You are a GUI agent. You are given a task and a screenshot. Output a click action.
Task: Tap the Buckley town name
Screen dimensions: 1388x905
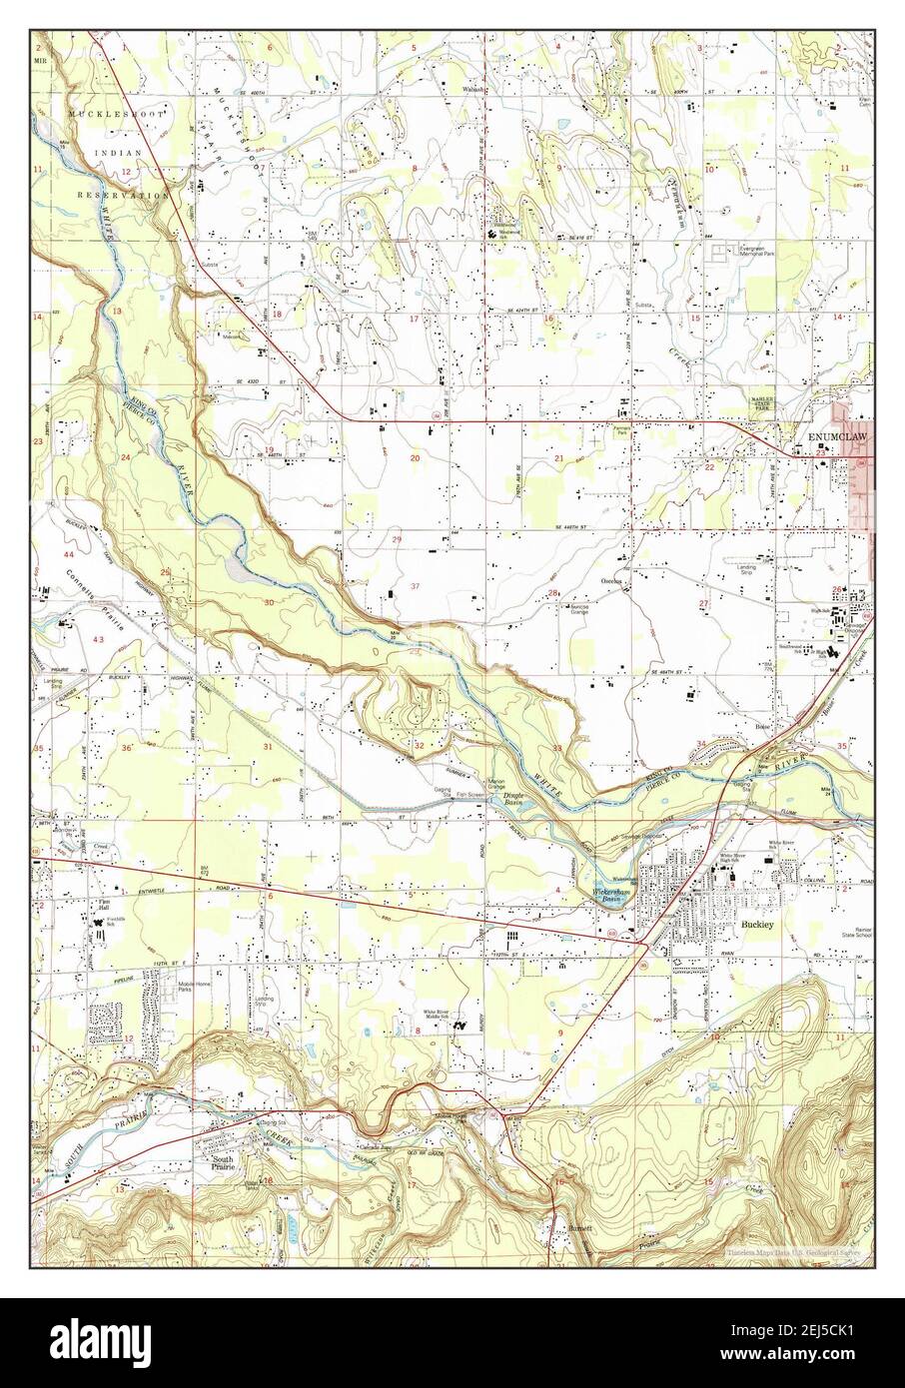[758, 926]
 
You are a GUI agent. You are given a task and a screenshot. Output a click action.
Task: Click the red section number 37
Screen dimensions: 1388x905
[415, 586]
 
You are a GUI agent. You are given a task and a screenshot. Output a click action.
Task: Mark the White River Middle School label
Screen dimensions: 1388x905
[440, 1016]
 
